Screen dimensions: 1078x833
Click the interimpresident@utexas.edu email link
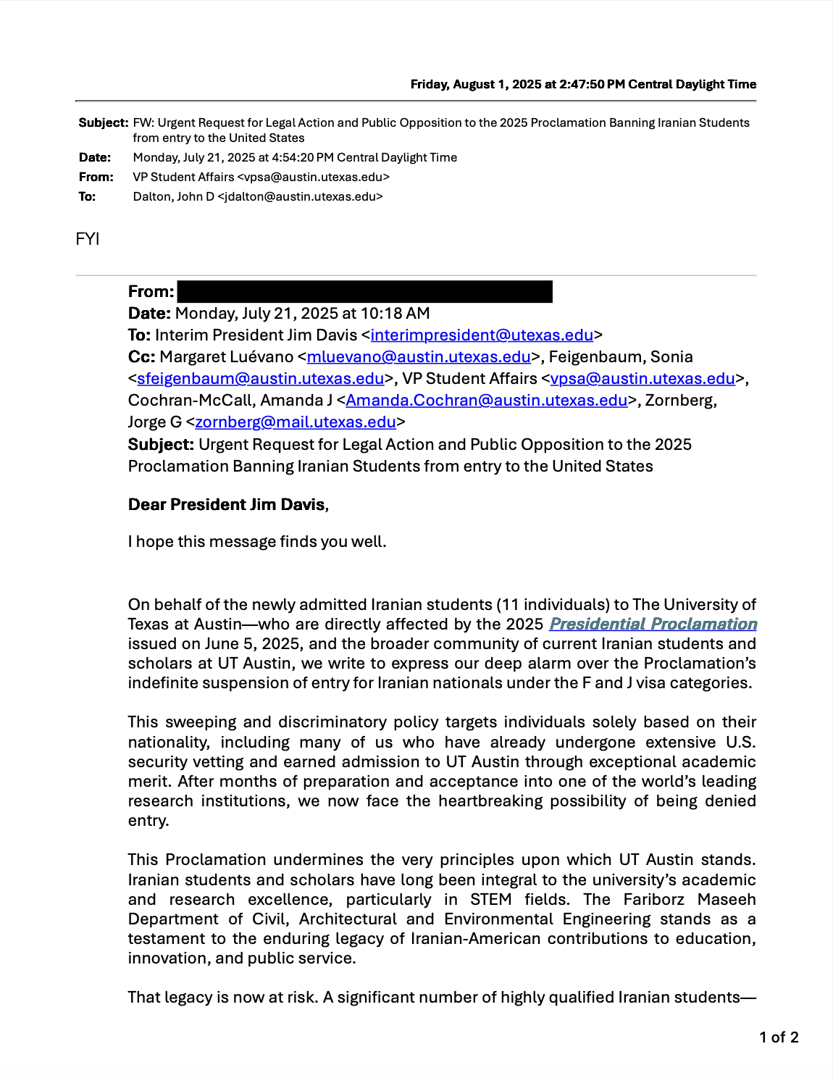pos(482,335)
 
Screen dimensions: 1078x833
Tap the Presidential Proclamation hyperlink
pos(653,624)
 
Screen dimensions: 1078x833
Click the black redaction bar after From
pos(364,292)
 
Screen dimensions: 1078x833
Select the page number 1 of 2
pos(779,1037)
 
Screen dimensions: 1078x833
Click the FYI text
pos(88,239)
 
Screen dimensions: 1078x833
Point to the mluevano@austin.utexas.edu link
pos(419,357)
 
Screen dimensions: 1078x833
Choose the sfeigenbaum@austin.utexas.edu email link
pos(260,379)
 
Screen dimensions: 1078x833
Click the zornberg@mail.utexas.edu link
pos(296,422)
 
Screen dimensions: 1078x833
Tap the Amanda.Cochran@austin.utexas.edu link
pos(486,401)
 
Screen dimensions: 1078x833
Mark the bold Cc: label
pos(141,357)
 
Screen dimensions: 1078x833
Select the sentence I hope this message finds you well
pos(257,542)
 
